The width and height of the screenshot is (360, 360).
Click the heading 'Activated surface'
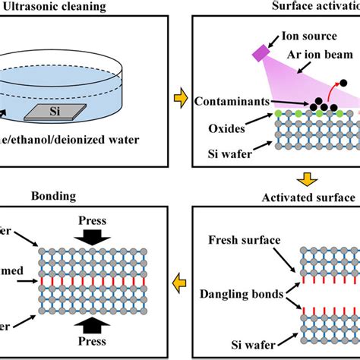305,198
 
